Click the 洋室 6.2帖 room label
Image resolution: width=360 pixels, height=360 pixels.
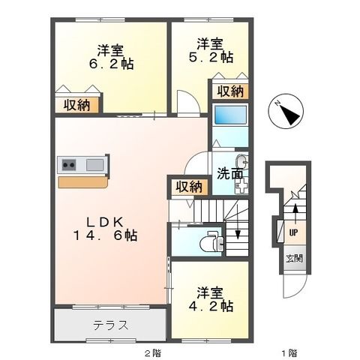pos(110,58)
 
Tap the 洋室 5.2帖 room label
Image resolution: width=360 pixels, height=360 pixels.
pos(211,49)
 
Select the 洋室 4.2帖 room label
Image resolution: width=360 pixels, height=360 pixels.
pos(211,298)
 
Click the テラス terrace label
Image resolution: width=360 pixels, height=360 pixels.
pos(110,325)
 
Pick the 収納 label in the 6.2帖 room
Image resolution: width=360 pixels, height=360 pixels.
pos(76,105)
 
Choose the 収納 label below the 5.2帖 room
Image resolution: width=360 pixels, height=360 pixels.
pos(231,91)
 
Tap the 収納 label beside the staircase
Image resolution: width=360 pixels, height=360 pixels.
pos(189,187)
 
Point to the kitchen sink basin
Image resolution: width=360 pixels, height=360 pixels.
pos(95,165)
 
